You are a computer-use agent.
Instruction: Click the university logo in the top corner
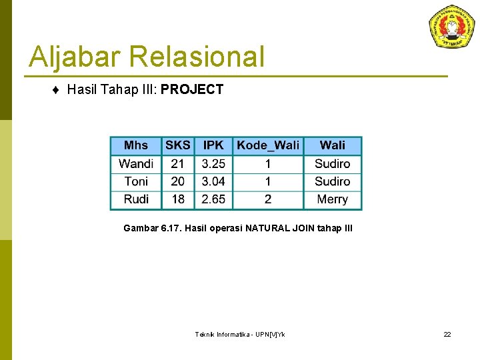point(451,27)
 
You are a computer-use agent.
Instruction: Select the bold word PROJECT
point(192,89)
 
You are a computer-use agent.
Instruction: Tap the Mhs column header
point(136,145)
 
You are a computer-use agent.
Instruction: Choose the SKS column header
point(178,145)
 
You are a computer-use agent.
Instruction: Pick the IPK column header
point(213,145)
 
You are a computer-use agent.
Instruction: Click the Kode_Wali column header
point(268,145)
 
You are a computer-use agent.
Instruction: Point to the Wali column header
point(332,145)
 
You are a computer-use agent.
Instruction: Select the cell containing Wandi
point(136,163)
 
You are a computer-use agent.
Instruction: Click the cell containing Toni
point(136,181)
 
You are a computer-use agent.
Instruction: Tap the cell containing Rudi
point(136,199)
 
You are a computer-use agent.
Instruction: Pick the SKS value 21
point(178,163)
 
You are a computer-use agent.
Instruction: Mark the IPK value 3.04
point(213,181)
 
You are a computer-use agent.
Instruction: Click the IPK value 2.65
point(213,199)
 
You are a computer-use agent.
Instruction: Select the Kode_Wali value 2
point(268,199)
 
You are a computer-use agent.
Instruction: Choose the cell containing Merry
point(332,199)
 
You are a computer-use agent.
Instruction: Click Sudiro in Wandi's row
point(332,163)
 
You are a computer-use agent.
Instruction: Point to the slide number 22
point(447,334)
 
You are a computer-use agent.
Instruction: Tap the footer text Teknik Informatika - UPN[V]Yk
point(239,334)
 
